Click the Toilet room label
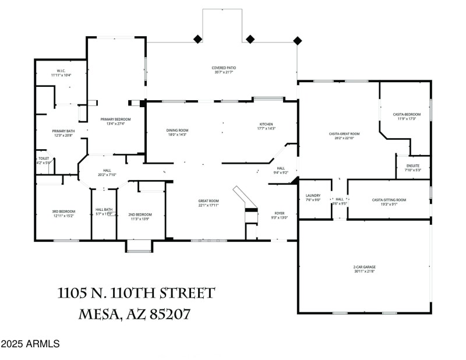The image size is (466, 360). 44,160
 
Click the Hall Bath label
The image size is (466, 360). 104,211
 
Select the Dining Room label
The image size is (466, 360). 177,132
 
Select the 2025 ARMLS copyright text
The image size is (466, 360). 30,344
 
